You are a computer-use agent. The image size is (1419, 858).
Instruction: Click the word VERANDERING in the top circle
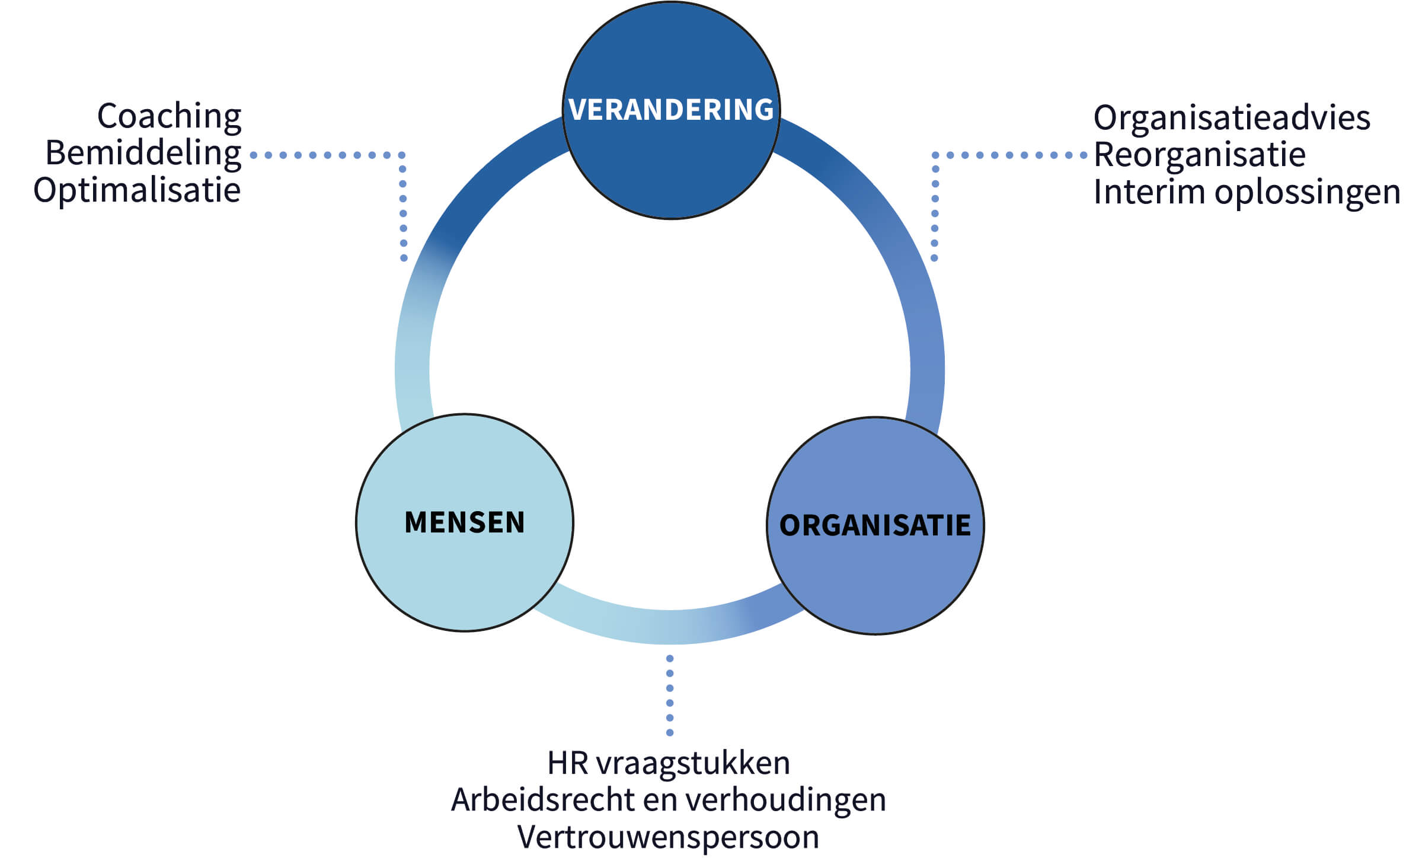coord(671,110)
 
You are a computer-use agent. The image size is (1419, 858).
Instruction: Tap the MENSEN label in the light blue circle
coord(465,522)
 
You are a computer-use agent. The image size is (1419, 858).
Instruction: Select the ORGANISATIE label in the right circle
coord(875,525)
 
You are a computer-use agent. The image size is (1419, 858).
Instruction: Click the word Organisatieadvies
coord(1232,117)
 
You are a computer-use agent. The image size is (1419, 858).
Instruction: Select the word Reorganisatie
coord(1200,155)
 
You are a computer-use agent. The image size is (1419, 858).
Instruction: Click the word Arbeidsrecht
coord(542,800)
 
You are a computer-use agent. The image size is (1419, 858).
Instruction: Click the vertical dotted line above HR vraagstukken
coord(670,696)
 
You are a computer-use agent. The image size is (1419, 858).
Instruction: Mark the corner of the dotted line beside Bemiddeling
coord(402,155)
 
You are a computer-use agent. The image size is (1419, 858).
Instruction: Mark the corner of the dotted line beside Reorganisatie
coord(935,155)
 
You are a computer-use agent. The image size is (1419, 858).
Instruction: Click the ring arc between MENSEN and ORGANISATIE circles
coord(670,627)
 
